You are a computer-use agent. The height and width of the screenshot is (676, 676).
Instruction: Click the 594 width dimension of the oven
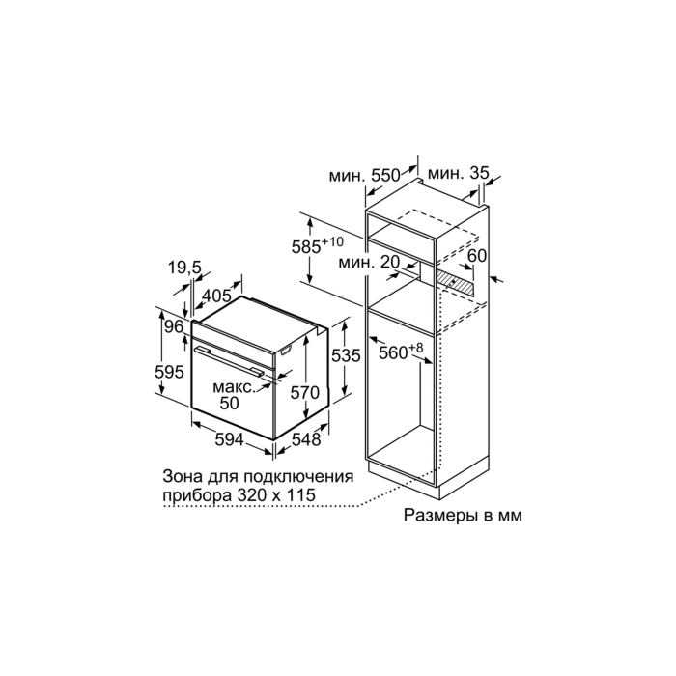click(230, 440)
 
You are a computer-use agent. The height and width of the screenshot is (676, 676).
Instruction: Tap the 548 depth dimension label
click(306, 439)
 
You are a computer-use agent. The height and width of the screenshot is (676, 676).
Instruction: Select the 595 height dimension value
click(169, 372)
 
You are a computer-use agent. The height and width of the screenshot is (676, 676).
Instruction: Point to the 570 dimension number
click(305, 393)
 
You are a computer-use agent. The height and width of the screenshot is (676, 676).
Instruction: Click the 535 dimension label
click(346, 355)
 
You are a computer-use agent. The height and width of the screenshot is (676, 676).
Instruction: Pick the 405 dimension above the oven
click(217, 296)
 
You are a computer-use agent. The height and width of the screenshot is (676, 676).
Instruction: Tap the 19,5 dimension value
click(184, 268)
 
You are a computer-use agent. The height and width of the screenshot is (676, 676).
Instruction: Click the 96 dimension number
click(174, 327)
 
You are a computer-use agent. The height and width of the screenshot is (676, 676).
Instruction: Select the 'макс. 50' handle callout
click(234, 395)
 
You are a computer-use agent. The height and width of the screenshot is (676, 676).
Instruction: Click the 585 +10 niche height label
click(318, 245)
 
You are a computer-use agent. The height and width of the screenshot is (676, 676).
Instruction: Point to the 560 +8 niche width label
click(401, 351)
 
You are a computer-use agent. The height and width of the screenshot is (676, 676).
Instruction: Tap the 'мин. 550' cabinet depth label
click(365, 176)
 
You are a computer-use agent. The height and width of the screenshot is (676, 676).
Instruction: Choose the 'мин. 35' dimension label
click(459, 173)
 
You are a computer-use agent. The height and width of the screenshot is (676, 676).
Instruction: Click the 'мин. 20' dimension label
click(370, 262)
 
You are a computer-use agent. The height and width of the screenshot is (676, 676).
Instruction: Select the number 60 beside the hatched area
click(477, 256)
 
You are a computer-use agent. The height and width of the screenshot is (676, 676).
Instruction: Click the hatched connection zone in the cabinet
click(455, 281)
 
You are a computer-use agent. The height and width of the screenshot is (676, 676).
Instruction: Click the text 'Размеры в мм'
click(463, 515)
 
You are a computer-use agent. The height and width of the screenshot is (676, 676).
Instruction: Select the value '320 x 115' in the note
click(276, 494)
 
